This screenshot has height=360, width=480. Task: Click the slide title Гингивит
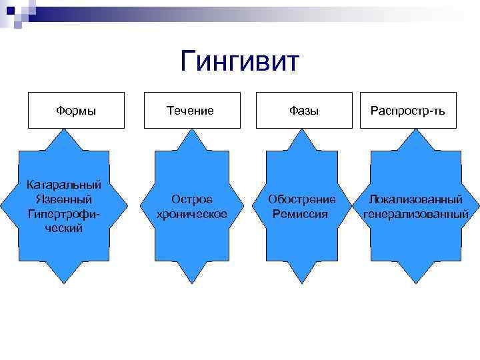240,62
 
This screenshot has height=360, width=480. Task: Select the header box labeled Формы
76,110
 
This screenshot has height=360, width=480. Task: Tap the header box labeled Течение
191,110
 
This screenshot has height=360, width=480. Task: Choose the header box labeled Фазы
304,110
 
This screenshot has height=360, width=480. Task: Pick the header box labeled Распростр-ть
408,110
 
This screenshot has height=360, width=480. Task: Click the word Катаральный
64,184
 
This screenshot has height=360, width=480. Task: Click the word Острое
192,199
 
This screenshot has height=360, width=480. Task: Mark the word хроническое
191,214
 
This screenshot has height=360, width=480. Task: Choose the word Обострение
302,199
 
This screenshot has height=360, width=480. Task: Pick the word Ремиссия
301,214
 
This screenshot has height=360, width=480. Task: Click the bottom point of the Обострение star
303,284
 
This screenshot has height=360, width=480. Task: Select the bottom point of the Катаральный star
65,284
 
